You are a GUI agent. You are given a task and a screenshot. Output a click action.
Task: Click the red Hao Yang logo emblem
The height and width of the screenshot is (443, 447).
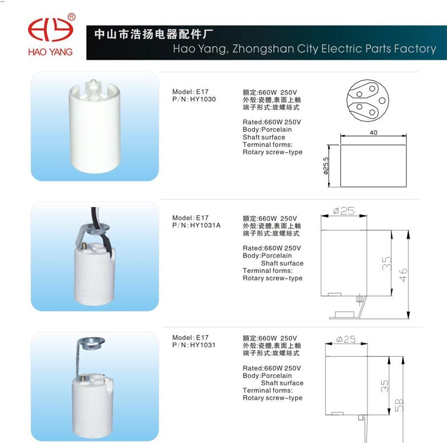coord(50,30)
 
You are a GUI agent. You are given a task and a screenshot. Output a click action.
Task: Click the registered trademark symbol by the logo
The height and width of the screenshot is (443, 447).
coord(72,17)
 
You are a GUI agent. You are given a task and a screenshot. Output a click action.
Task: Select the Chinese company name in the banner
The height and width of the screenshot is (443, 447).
coord(154,34)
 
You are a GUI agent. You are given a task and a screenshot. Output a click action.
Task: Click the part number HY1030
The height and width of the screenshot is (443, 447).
coord(203,100)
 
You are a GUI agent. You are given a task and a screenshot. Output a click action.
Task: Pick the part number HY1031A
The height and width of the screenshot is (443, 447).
coord(205,225)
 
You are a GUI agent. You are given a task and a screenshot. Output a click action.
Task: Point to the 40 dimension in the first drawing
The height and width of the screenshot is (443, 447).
coord(373,133)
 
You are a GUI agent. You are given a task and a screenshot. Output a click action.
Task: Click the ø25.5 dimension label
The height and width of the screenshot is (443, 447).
coord(326,166)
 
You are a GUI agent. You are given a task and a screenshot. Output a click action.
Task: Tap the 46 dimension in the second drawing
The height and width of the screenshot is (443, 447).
coord(403,275)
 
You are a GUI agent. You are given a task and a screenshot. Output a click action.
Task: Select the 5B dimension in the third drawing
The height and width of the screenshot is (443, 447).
coord(399,405)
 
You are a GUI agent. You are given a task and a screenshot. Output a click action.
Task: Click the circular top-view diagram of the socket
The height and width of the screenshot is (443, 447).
coord(368,100)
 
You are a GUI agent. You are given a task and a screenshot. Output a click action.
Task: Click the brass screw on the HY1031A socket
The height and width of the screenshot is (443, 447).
coord(85,246)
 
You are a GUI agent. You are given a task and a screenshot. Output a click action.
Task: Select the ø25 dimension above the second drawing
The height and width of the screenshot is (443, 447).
coord(344,211)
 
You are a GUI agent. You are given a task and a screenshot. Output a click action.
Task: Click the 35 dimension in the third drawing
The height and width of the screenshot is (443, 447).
coord(384,386)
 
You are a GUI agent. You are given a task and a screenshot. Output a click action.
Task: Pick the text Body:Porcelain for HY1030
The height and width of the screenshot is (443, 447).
coord(267,130)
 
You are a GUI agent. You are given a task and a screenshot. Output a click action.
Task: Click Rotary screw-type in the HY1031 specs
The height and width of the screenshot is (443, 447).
coord(273,398)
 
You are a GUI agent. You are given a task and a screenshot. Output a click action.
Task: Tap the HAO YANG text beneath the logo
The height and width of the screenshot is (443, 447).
coord(50,52)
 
